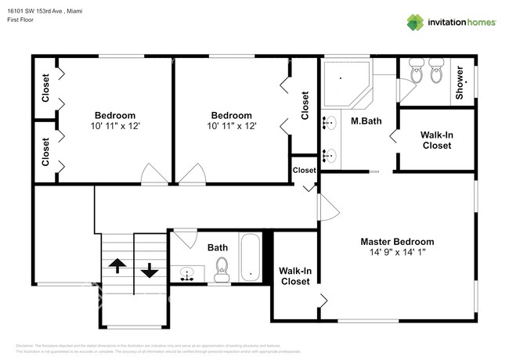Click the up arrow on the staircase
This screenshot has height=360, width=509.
click(117, 266)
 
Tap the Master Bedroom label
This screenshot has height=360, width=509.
click(396, 242)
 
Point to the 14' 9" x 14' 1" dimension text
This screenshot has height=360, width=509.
click(396, 253)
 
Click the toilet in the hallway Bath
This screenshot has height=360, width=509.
click(221, 269)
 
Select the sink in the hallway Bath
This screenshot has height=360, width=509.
click(187, 274)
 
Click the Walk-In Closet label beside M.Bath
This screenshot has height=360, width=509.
click(436, 139)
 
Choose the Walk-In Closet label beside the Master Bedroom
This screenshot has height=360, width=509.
click(294, 275)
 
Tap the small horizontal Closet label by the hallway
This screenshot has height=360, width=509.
click(304, 170)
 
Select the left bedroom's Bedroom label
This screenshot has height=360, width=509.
click(115, 114)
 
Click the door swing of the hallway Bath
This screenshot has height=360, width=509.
click(186, 236)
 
